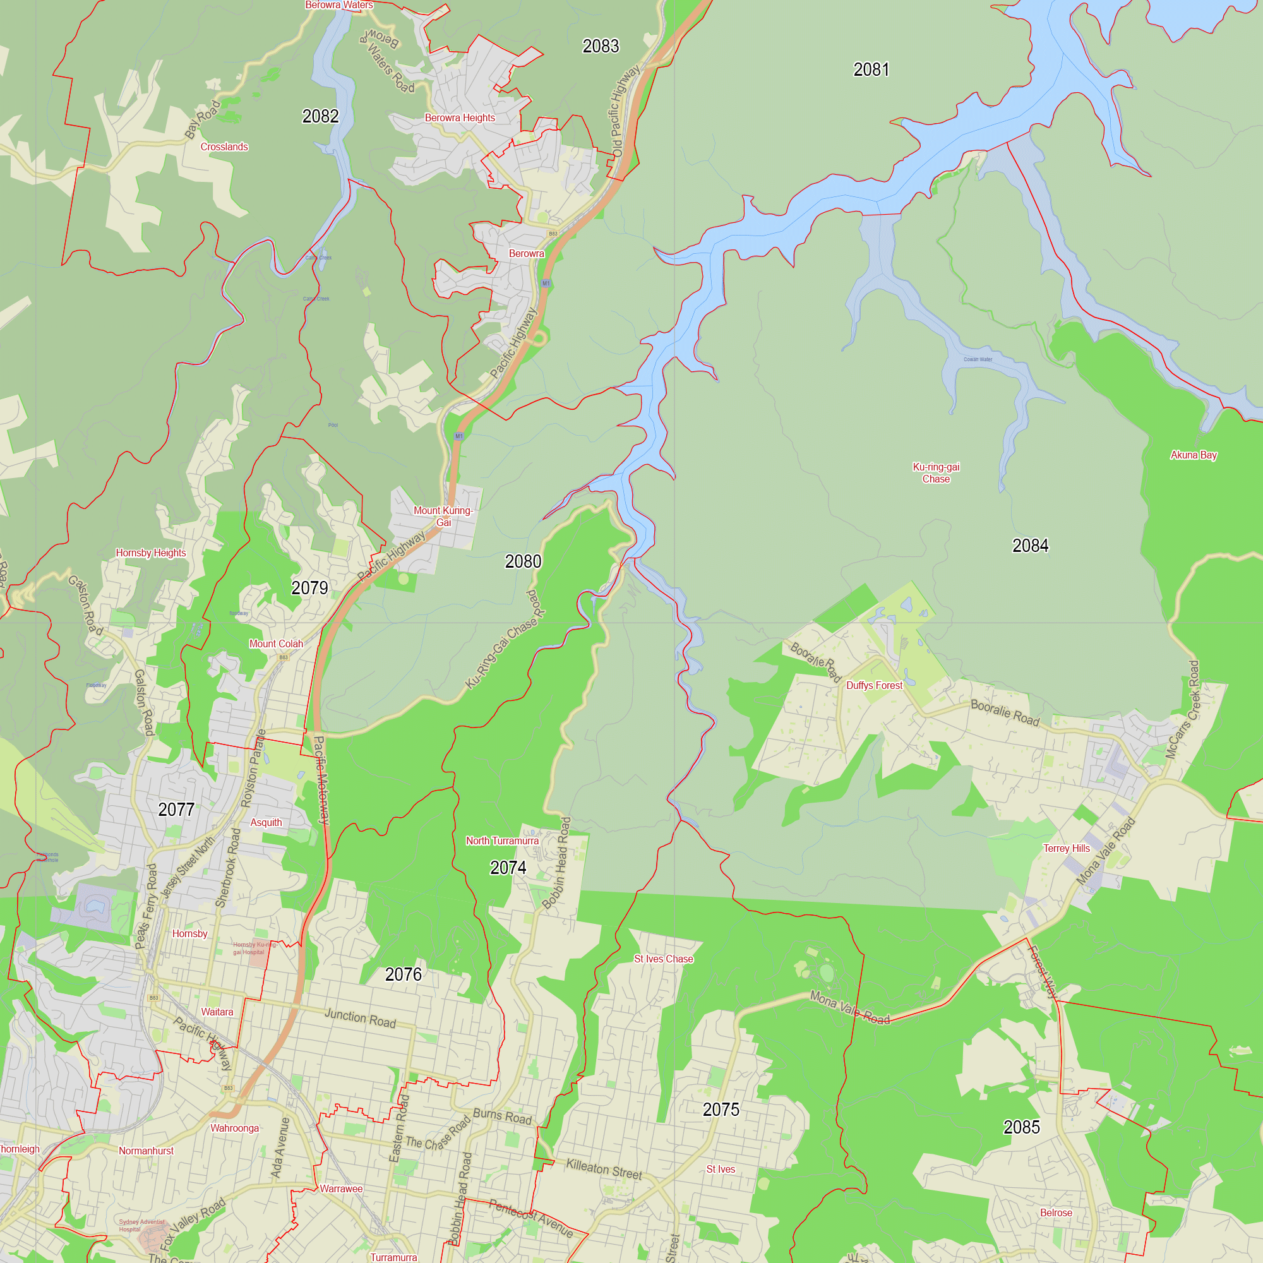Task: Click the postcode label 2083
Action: click(600, 46)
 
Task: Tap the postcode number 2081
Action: click(871, 69)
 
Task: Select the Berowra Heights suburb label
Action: click(460, 117)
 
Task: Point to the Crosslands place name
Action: click(224, 147)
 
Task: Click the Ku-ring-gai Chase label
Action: click(935, 472)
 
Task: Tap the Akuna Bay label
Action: click(1193, 455)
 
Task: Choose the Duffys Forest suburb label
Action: click(874, 685)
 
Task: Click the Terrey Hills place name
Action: click(1066, 849)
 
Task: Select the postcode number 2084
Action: click(1029, 545)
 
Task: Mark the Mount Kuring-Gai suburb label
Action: click(443, 517)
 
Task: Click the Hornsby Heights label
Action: click(151, 553)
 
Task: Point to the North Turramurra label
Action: click(502, 841)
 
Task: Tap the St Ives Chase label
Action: click(664, 959)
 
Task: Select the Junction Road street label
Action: click(360, 1018)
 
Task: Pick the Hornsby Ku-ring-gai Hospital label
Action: click(254, 948)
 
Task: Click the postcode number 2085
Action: click(1021, 1127)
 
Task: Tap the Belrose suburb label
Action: click(1056, 1212)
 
